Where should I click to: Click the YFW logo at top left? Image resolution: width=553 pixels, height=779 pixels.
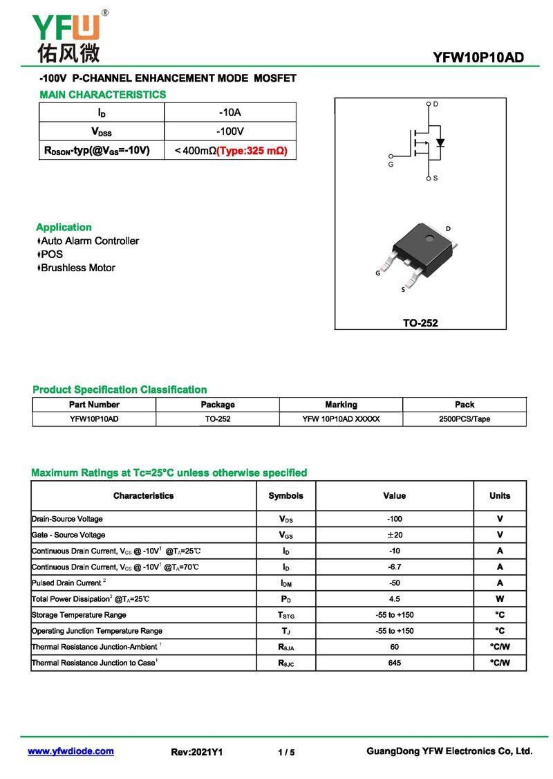68,35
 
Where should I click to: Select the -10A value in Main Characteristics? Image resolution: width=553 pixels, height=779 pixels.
230,112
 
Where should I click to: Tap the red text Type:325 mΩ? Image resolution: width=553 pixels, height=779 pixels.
252,150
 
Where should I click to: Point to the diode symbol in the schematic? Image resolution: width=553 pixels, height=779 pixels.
440,143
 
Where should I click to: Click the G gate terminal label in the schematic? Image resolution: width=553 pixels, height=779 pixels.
391,165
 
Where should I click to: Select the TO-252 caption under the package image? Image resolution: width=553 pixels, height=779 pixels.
420,322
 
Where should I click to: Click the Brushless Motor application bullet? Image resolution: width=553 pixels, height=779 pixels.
77,268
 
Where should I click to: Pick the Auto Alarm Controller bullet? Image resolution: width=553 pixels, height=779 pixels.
89,241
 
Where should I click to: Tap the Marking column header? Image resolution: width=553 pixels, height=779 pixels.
341,405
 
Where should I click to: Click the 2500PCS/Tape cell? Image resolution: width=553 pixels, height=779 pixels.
465,419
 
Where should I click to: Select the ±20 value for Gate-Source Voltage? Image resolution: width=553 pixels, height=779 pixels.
395,535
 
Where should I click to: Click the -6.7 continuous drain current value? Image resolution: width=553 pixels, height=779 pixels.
395,567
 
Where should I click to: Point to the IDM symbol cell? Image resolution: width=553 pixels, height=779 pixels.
285,583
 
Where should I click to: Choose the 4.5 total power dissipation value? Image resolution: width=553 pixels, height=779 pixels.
395,599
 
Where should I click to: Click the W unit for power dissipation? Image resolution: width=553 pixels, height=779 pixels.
500,599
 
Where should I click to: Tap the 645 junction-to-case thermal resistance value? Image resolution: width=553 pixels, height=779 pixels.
395,663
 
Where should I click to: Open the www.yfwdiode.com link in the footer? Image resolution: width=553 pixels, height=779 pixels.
71,751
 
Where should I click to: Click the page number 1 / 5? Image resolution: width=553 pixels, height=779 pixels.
286,752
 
